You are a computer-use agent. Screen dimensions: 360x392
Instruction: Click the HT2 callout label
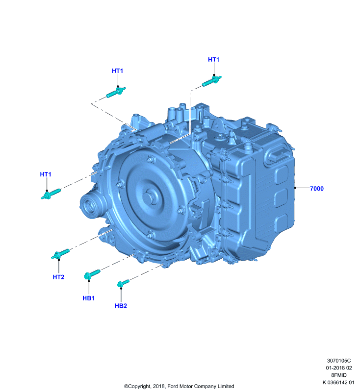point(58,277)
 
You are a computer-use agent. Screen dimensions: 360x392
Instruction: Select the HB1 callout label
point(88,298)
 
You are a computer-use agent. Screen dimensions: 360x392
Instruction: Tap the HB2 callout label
point(121,306)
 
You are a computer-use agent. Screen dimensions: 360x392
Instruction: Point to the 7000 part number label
point(317,189)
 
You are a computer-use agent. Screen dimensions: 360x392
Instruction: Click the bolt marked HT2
point(60,254)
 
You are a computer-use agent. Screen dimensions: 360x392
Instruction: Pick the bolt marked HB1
point(92,274)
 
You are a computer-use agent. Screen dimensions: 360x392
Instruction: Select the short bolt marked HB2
point(123,283)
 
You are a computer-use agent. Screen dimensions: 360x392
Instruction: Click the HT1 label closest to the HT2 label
point(46,174)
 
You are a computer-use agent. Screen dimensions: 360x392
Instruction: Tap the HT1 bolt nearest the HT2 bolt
point(51,194)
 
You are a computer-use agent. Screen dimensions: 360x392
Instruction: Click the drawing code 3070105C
point(339,361)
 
